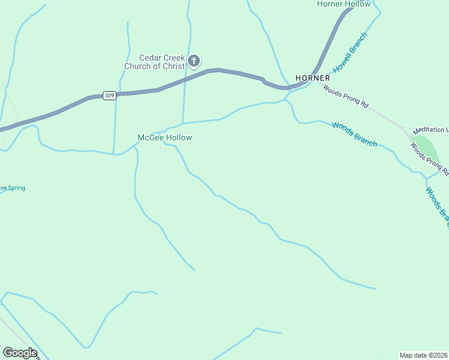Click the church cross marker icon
click(194, 61)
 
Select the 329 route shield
click(109, 95)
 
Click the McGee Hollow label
click(165, 138)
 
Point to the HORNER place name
click(312, 78)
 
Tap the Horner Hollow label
click(344, 4)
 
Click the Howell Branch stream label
click(351, 53)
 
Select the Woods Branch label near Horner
click(355, 134)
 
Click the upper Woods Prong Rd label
click(345, 96)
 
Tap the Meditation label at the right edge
click(430, 130)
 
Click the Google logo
click(20, 353)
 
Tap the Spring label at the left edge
click(13, 188)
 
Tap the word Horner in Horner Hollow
click(330, 4)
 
